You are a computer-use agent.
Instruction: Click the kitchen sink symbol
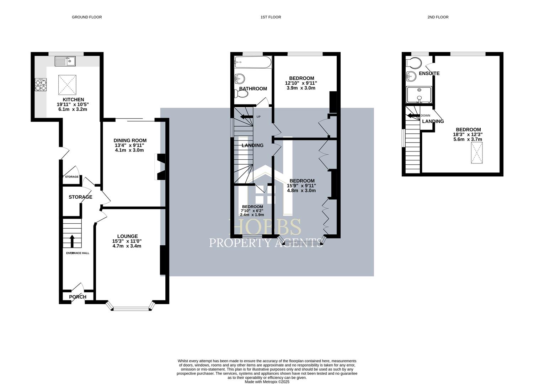(x=65, y=61)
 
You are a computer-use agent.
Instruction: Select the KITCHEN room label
(x=73, y=100)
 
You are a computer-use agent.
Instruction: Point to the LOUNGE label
(x=127, y=236)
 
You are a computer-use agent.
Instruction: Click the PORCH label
(x=78, y=297)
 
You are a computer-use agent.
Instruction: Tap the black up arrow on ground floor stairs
(x=72, y=241)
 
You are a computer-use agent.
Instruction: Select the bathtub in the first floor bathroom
(x=253, y=63)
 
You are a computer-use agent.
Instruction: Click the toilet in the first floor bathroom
(x=241, y=94)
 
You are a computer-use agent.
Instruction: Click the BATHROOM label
(x=253, y=89)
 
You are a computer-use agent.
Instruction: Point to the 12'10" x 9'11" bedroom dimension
(x=301, y=83)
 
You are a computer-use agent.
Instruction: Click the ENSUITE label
(x=429, y=73)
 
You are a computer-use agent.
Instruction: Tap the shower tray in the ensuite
(x=419, y=95)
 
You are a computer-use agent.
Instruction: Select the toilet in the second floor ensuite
(x=413, y=63)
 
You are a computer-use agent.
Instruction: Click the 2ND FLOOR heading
(x=438, y=17)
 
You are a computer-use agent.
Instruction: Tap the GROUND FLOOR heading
(x=87, y=17)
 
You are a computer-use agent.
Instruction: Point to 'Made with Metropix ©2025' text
(x=267, y=382)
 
